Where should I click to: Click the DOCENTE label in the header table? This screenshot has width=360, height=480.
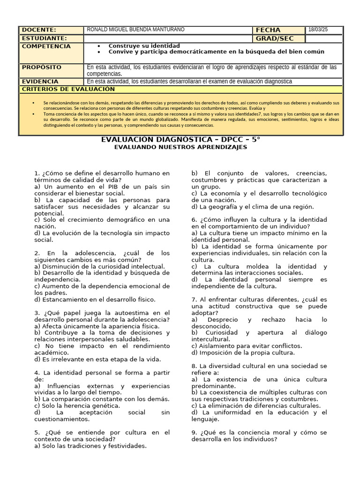click(39, 30)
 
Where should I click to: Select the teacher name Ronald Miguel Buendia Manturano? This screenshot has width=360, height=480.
click(136, 30)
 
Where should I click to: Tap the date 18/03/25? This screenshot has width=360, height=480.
click(318, 30)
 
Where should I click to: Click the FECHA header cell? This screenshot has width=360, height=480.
click(268, 30)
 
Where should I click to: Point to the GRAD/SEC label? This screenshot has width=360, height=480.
click(274, 38)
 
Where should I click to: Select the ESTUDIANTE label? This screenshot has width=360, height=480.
click(45, 38)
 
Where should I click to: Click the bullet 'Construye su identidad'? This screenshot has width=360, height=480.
click(144, 46)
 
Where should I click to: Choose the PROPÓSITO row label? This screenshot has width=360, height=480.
click(42, 67)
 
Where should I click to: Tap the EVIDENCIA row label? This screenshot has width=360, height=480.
click(40, 81)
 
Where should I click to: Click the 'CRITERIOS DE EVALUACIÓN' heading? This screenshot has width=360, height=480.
click(68, 89)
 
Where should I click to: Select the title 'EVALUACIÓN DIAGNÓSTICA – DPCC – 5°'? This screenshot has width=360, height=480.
click(180, 140)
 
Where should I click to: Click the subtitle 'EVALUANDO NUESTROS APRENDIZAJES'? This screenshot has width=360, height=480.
click(180, 147)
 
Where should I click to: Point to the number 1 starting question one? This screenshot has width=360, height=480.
click(36, 173)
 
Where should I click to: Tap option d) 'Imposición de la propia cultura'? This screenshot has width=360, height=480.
click(243, 352)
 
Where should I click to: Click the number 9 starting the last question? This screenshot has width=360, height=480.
click(194, 432)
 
